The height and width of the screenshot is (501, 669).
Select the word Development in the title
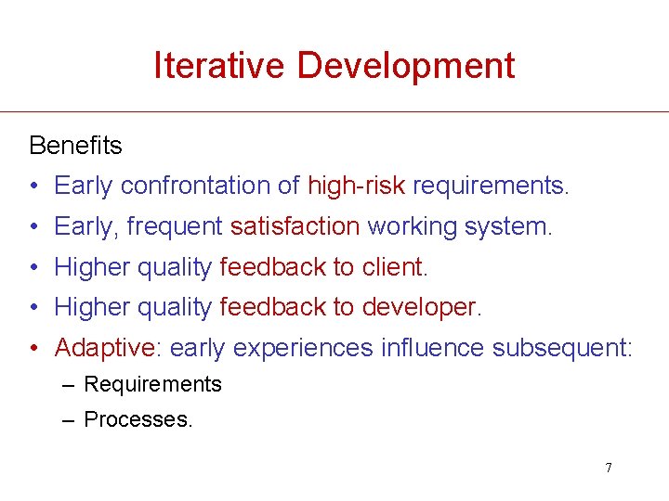(405, 65)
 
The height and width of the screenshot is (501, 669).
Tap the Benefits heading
(75, 146)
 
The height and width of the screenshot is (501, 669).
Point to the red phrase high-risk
(356, 186)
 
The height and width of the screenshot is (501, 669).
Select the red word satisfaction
(295, 226)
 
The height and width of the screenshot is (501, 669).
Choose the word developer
(423, 307)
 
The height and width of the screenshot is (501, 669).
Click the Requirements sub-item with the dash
(152, 384)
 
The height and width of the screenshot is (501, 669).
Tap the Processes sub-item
(138, 419)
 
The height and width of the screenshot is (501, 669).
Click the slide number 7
(609, 468)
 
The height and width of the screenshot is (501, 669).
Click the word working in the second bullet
(407, 226)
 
